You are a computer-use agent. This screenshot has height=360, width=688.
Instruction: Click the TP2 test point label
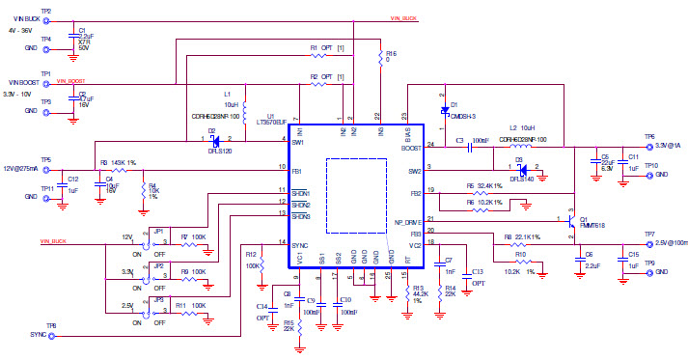pos(45,11)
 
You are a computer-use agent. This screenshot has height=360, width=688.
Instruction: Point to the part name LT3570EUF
pos(265,124)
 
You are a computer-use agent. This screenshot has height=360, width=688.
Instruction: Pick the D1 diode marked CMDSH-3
pos(444,110)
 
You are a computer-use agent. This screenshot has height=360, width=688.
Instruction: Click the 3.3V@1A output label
pos(665,144)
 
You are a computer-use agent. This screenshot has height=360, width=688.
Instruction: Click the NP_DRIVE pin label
pos(410,221)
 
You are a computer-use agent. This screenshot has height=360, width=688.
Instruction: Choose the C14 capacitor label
pos(261,306)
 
